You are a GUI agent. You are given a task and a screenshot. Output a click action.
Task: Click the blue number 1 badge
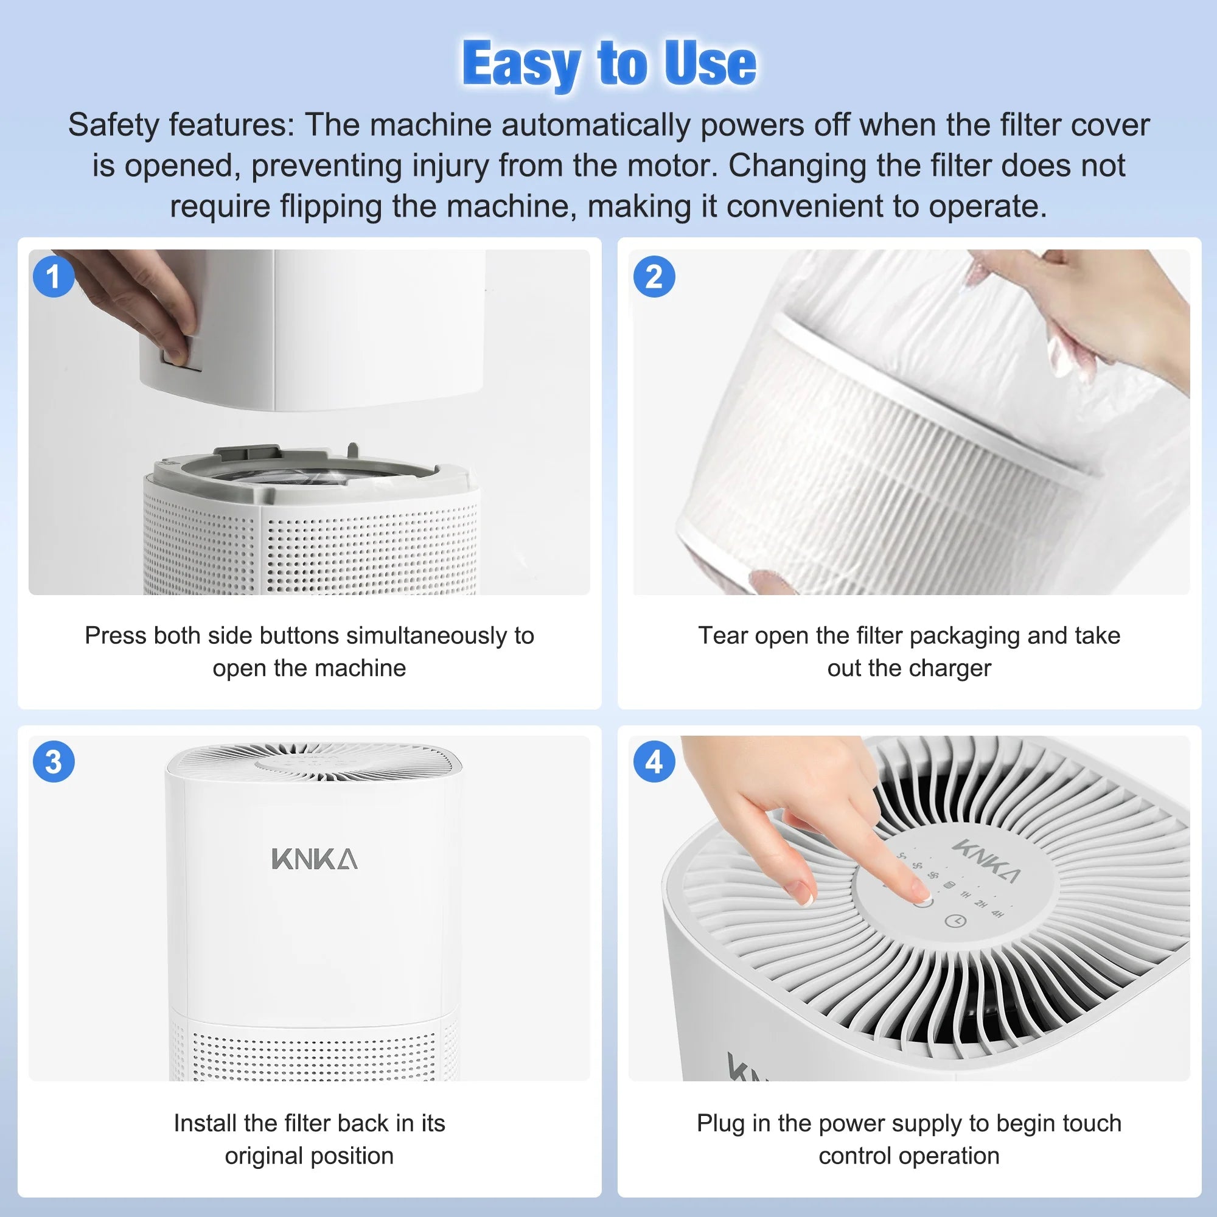tap(54, 276)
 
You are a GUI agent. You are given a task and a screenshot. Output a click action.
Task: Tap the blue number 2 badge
tap(654, 276)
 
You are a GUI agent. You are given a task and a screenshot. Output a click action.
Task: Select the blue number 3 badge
tap(54, 762)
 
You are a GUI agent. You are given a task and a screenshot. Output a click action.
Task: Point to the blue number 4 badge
tap(654, 762)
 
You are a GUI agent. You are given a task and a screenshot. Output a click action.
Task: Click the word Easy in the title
tap(521, 64)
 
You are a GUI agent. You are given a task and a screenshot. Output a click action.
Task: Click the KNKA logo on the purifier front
tap(315, 859)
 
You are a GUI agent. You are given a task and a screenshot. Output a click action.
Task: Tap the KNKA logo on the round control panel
tap(986, 860)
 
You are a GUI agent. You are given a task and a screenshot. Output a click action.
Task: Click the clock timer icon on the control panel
tap(955, 921)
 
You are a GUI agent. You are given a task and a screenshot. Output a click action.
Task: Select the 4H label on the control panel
tap(997, 913)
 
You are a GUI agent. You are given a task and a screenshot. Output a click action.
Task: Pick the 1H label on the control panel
tap(966, 894)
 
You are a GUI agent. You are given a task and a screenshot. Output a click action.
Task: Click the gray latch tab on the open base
tap(247, 453)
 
